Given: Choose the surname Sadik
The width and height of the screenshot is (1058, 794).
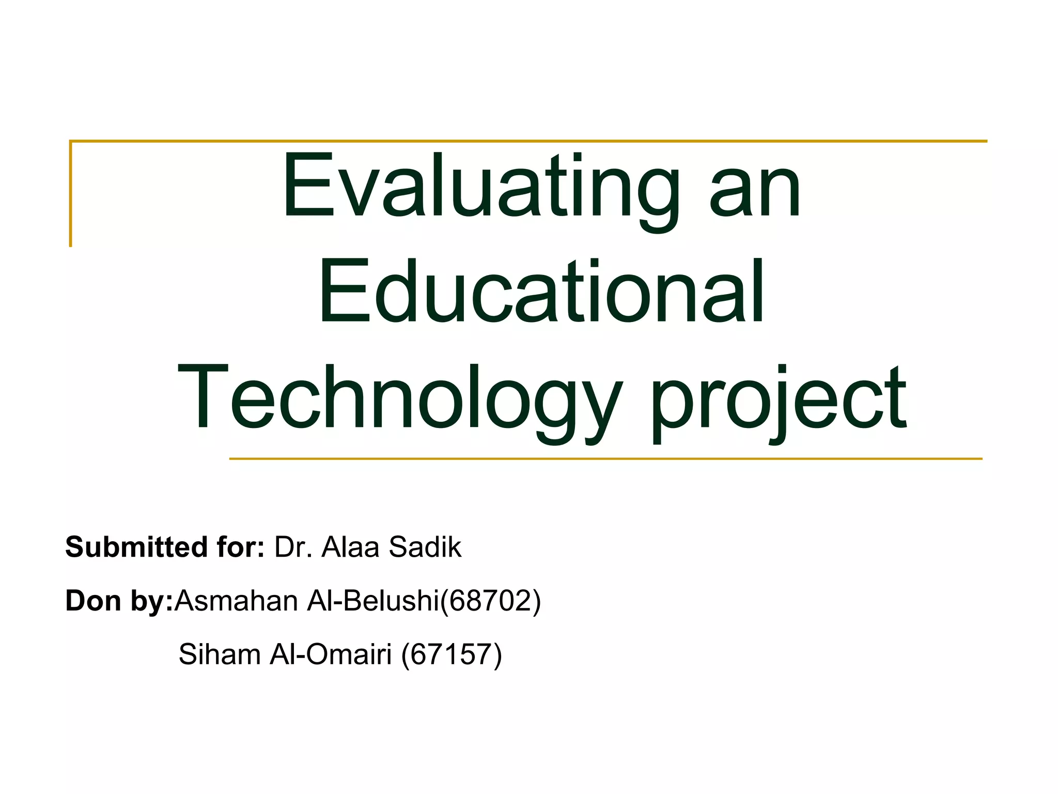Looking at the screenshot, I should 425,547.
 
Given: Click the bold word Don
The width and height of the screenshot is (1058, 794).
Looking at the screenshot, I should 93,601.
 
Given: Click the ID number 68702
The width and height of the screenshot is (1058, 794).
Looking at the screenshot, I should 490,601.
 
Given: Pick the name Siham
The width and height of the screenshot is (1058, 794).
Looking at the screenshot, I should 220,654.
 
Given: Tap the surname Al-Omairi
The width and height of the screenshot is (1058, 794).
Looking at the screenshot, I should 331,654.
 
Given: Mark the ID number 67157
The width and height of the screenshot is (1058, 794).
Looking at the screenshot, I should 452,654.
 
